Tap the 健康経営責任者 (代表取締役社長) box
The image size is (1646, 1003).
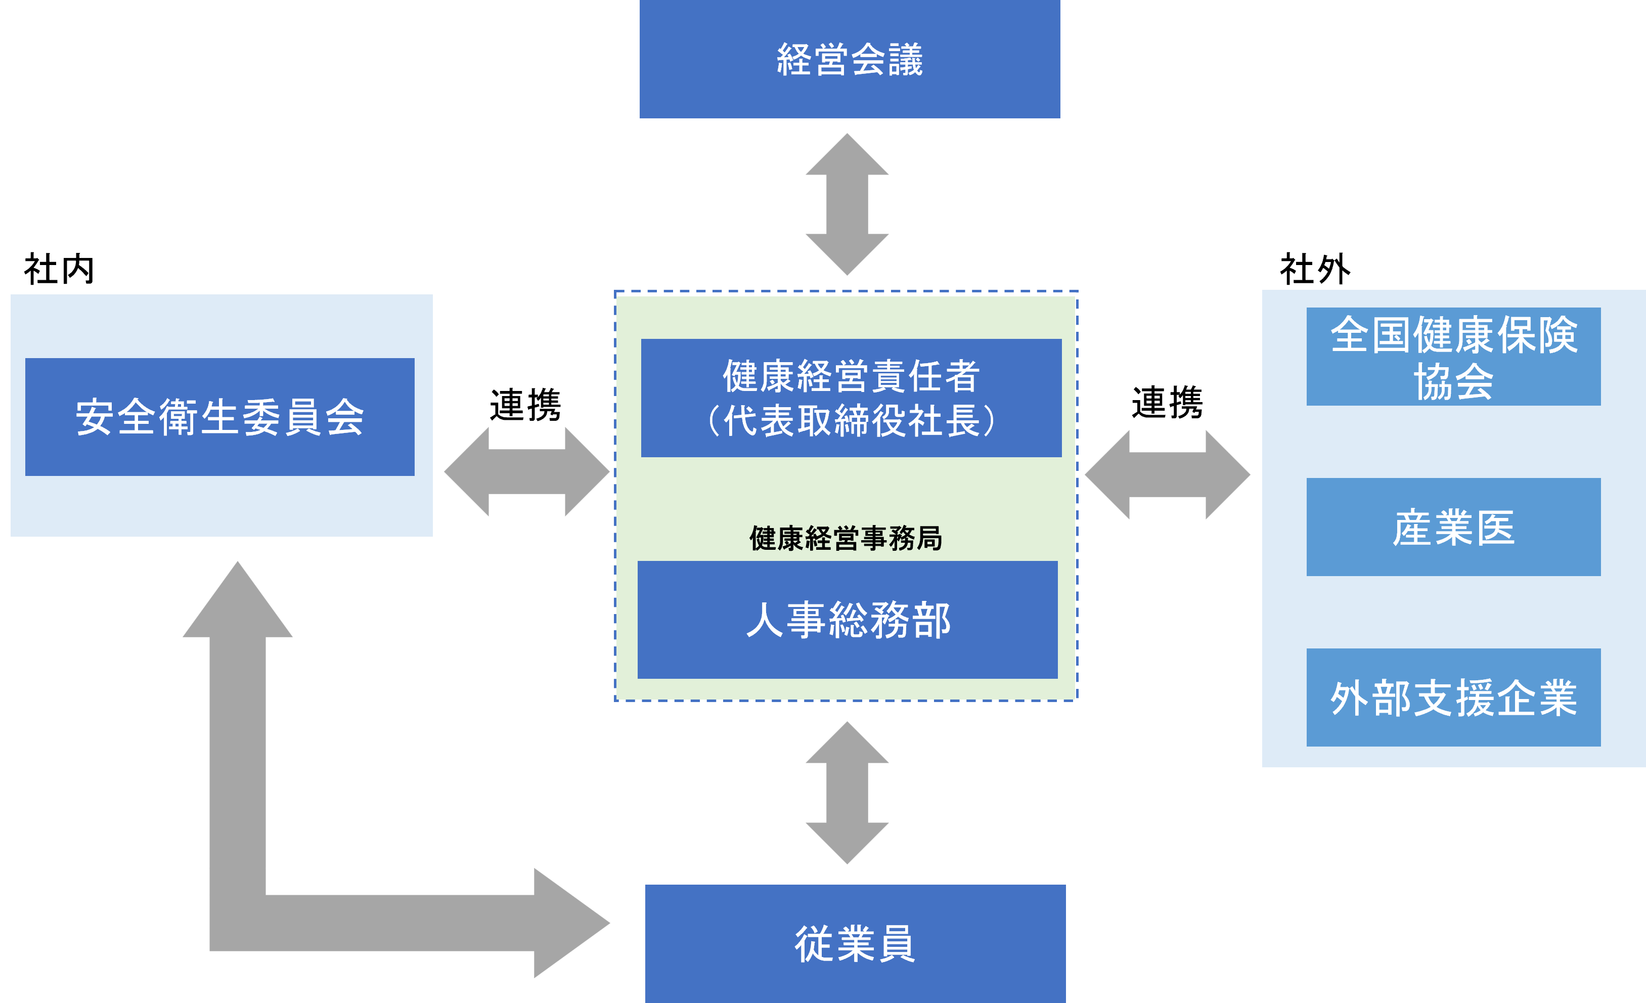pyautogui.click(x=851, y=398)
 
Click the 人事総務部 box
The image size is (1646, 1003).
pyautogui.click(x=847, y=620)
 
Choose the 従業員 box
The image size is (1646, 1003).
pyautogui.click(x=855, y=943)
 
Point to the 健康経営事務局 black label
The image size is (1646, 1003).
pyautogui.click(x=846, y=538)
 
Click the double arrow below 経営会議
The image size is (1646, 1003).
pyautogui.click(x=847, y=204)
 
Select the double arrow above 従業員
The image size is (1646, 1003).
pyautogui.click(x=847, y=793)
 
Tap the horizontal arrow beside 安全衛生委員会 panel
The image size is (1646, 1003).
pyautogui.click(x=526, y=472)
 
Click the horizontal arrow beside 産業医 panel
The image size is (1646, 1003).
pyautogui.click(x=1167, y=474)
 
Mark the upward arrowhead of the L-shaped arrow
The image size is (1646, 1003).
pyautogui.click(x=238, y=601)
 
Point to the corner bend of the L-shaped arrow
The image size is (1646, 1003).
pyautogui.click(x=238, y=922)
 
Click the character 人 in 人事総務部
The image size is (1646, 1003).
pyautogui.click(x=764, y=620)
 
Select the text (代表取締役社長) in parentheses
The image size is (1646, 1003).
pyautogui.click(x=851, y=421)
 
